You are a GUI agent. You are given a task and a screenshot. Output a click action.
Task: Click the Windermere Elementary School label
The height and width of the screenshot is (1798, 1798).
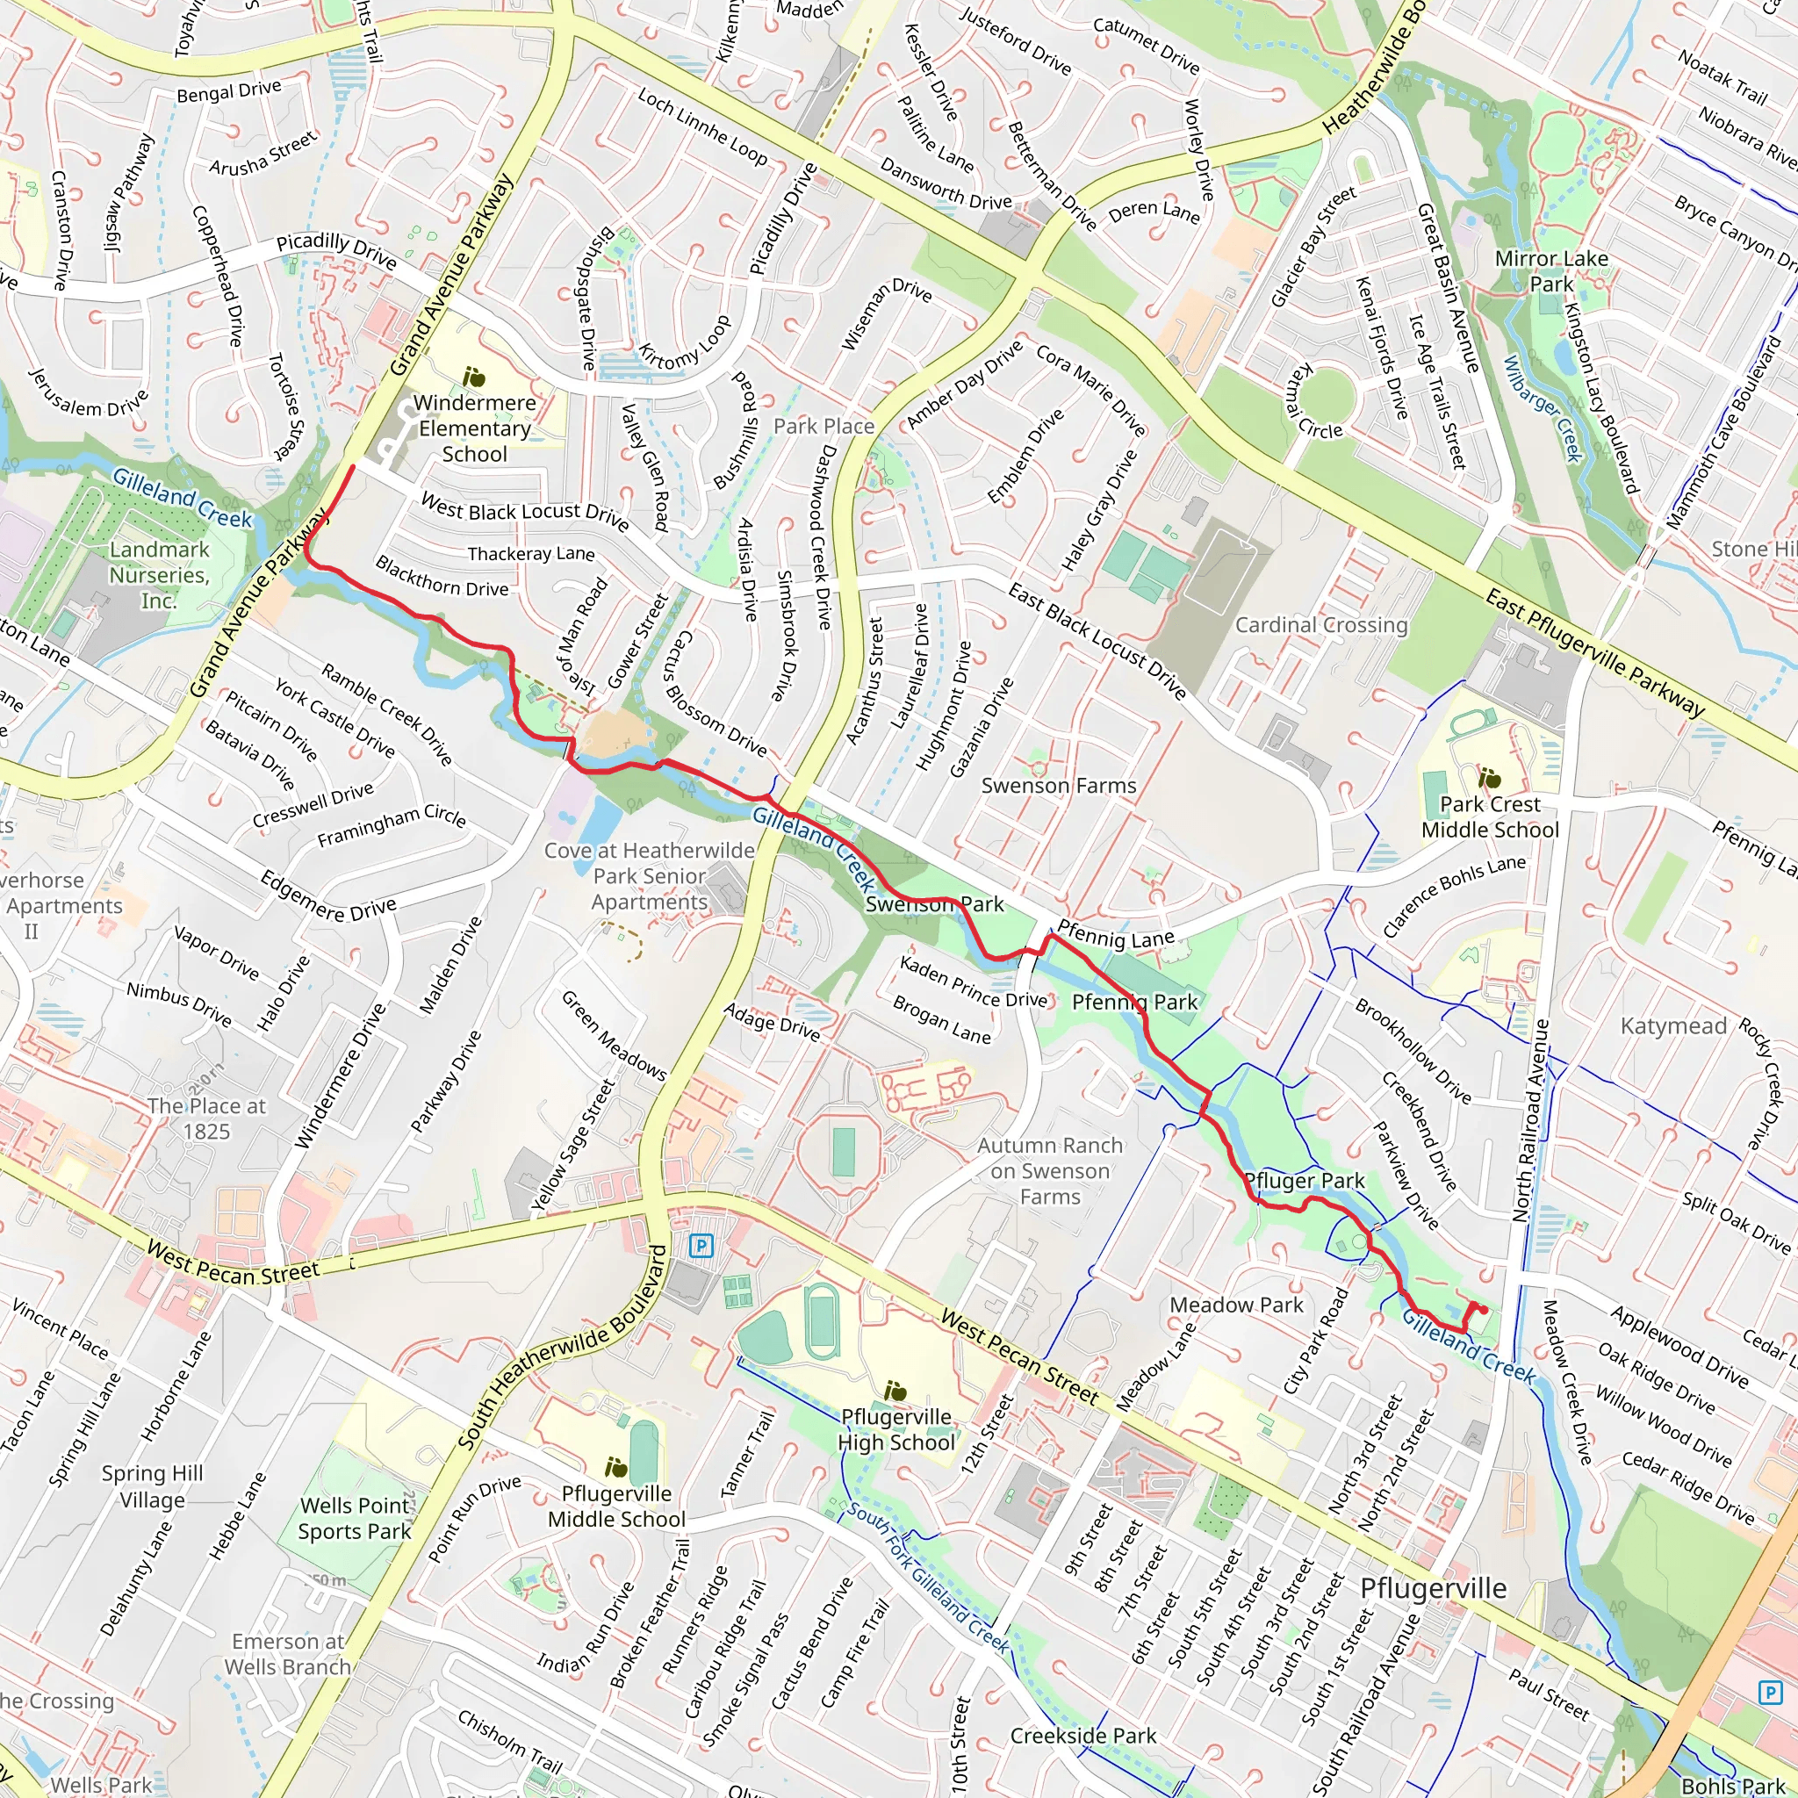(475, 428)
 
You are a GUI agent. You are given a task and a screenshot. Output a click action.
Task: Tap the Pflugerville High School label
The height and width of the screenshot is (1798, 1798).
(896, 1429)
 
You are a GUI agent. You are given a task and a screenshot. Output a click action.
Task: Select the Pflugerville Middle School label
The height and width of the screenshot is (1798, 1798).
(616, 1506)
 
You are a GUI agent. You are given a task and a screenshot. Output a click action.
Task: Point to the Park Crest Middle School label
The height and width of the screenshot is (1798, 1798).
(1490, 817)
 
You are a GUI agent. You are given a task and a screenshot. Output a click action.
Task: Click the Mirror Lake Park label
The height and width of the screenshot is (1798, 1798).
(1551, 270)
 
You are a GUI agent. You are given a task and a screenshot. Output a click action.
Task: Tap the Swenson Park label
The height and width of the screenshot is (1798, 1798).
(934, 903)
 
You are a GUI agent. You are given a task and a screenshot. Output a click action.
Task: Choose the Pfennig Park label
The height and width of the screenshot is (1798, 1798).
(1134, 1003)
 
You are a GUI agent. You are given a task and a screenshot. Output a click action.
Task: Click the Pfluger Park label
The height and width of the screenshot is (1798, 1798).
(1304, 1181)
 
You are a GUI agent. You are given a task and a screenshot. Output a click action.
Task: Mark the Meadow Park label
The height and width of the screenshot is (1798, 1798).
(1237, 1305)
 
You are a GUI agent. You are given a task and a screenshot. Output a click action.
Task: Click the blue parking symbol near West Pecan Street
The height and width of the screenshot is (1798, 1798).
(701, 1245)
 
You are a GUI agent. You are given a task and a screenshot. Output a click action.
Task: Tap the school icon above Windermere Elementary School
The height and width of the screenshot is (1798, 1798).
(475, 378)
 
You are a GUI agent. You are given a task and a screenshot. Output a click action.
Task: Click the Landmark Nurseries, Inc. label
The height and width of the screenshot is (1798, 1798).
(159, 575)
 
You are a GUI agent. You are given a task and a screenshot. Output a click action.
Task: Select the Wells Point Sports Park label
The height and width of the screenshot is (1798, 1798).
(355, 1518)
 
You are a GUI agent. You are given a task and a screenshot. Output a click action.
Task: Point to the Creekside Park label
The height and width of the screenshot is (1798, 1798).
(1083, 1736)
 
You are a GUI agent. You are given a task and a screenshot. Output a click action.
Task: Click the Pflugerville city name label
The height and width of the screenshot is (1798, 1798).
(1433, 1587)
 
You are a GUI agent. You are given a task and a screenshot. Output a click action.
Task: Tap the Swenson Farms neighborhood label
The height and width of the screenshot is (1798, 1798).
(1059, 786)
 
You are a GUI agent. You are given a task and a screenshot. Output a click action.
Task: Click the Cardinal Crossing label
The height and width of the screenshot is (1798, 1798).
(1321, 624)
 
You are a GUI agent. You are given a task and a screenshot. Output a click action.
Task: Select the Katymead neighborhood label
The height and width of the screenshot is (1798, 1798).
(1673, 1025)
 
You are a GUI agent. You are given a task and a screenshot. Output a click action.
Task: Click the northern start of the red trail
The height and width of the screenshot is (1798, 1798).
(351, 467)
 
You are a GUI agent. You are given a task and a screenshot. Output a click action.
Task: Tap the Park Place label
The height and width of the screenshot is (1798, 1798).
(823, 426)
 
